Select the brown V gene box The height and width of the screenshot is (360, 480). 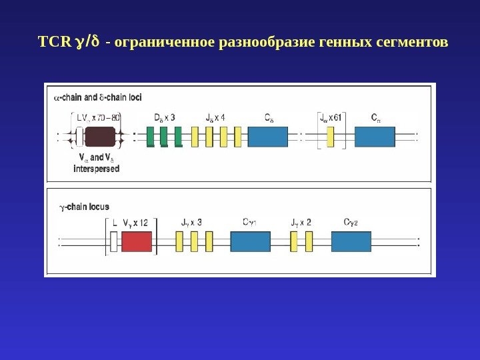[x=100, y=137]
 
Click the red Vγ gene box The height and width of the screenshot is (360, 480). [x=137, y=242]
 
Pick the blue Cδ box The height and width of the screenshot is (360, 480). [x=268, y=137]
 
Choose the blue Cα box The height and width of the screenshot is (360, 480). [x=375, y=137]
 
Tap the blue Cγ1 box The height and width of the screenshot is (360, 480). [x=250, y=241]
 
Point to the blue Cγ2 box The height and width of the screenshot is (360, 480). [x=351, y=241]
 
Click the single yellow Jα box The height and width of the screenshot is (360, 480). [x=330, y=137]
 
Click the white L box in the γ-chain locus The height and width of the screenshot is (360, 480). [x=114, y=242]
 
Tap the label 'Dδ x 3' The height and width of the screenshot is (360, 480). [x=164, y=118]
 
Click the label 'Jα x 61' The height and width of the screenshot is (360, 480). [x=331, y=118]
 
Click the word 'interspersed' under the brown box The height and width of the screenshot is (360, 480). [x=97, y=169]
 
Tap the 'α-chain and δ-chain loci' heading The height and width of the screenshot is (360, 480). [x=97, y=97]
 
